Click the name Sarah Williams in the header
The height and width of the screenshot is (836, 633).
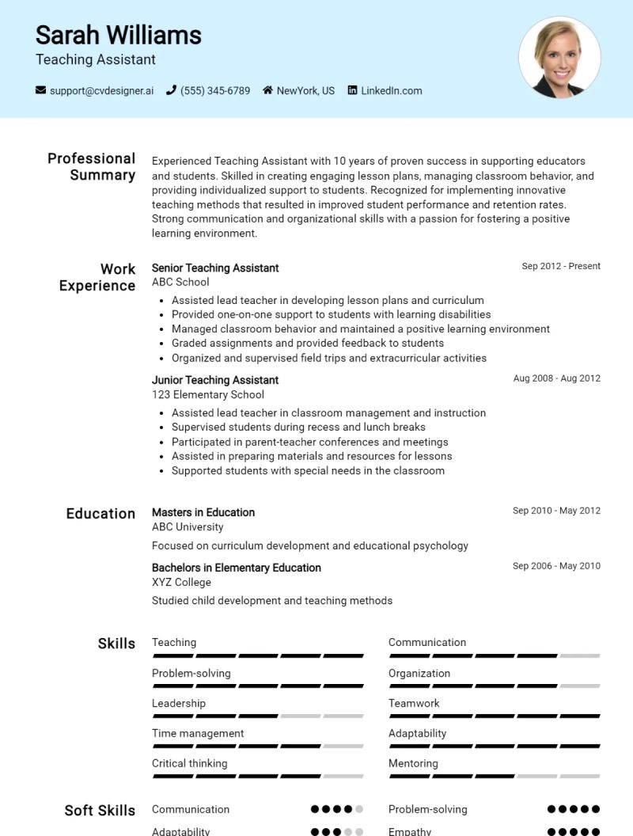[x=118, y=35]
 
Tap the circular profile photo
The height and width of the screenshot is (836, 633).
[x=559, y=58]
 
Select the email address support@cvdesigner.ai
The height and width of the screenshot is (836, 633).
[x=101, y=91]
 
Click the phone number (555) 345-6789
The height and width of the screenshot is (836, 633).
[x=214, y=91]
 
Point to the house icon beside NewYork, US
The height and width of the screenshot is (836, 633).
[x=268, y=90]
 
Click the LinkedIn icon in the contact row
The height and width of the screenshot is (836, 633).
[x=353, y=90]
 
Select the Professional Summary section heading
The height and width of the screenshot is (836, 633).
[x=91, y=166]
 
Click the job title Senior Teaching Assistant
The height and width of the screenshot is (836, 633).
[x=215, y=268]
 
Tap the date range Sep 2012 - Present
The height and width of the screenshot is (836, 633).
[x=560, y=266]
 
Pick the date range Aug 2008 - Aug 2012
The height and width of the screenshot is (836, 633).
[x=556, y=378]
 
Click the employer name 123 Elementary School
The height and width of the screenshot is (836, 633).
[x=207, y=394]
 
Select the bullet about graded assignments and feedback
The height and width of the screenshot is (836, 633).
[x=307, y=343]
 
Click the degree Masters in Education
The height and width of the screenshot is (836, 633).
[x=203, y=512]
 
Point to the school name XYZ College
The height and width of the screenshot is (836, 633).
[x=181, y=582]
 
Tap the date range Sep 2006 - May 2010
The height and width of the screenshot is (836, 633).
[x=556, y=566]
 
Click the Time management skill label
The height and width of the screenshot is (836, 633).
[x=198, y=733]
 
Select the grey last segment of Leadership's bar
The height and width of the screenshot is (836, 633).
[x=343, y=716]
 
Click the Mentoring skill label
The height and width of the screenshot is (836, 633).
[x=413, y=763]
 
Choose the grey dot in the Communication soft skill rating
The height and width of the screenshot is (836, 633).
[x=359, y=809]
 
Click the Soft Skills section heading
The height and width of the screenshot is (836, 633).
[x=100, y=810]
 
